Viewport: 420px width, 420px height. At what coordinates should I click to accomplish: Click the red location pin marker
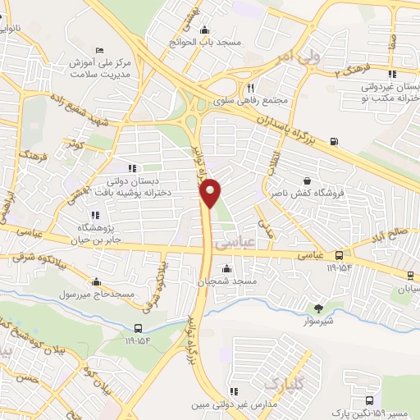(x=211, y=193)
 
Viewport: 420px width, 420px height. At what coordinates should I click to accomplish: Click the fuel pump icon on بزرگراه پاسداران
(x=333, y=141)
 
